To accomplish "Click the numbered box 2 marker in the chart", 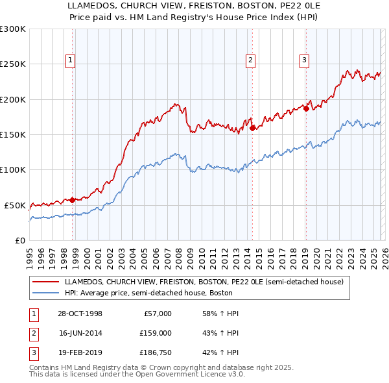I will click(250, 60).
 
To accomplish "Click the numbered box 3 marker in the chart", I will click(304, 60).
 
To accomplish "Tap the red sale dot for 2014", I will click(252, 129).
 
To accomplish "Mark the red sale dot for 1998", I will click(72, 200).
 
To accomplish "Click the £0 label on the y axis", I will click(19, 240).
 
